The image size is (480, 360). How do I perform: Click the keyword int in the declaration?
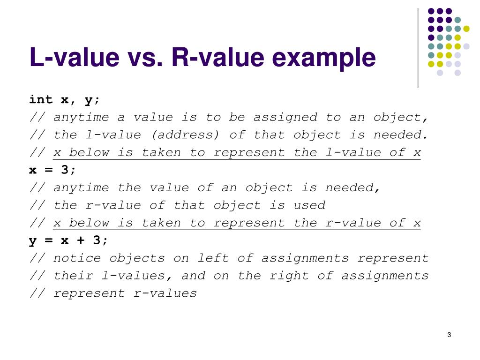point(41,99)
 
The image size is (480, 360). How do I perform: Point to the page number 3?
point(449,335)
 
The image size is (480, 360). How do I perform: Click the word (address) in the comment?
point(186,135)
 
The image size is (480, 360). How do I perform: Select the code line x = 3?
point(52,170)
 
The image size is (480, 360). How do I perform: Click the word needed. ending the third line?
point(401,135)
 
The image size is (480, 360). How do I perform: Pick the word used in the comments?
point(310,205)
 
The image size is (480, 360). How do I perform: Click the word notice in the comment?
point(77,258)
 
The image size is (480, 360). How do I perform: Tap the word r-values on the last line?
point(165,293)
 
